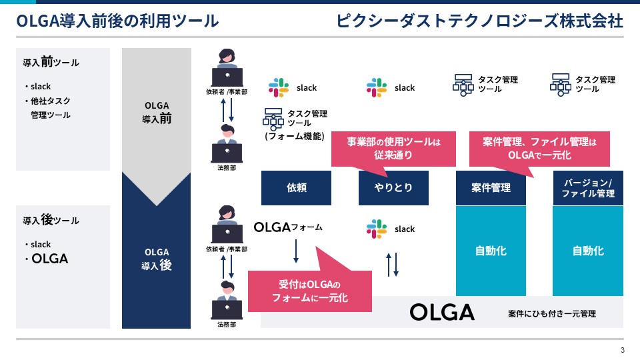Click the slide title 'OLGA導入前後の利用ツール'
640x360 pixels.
[x=117, y=21]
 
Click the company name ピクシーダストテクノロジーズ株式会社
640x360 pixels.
[x=479, y=21]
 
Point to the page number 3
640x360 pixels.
[x=623, y=350]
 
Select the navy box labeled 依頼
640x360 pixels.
[x=296, y=188]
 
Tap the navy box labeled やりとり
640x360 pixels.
[x=393, y=188]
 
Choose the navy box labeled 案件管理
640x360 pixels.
[x=491, y=188]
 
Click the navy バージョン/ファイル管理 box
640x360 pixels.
[x=588, y=188]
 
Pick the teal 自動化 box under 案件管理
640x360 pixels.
[x=491, y=251]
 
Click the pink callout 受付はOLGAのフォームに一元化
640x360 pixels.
[x=310, y=291]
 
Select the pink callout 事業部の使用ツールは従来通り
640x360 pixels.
[x=393, y=149]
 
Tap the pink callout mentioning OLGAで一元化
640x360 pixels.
[x=539, y=149]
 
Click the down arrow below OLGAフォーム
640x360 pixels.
[x=296, y=251]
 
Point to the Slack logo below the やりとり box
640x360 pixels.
[x=376, y=229]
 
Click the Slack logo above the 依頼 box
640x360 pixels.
[x=279, y=87]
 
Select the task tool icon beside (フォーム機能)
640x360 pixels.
[x=273, y=119]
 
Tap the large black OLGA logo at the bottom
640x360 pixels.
[x=442, y=313]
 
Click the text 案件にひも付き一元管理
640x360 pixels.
[x=552, y=314]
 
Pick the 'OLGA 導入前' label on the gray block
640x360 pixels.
[x=157, y=112]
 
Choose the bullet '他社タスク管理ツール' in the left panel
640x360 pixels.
[x=48, y=108]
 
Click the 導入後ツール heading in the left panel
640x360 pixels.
[x=51, y=220]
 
